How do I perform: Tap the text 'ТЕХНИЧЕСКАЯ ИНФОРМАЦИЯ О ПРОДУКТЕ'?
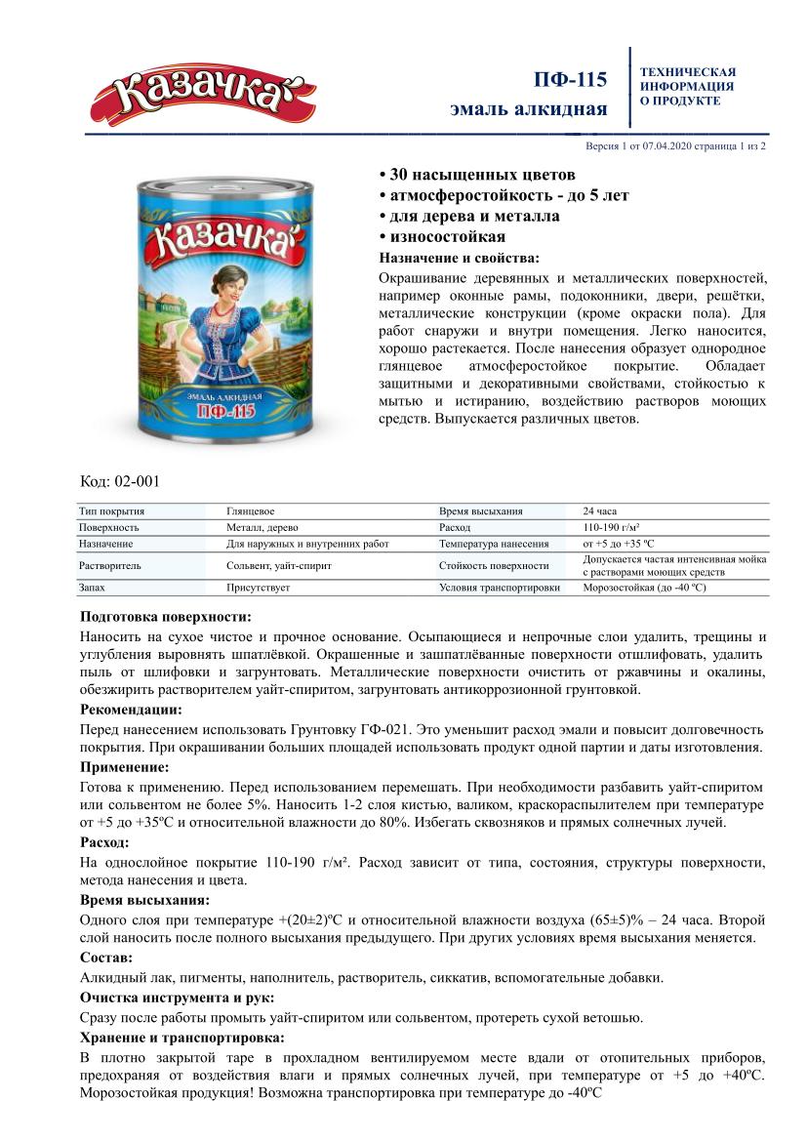[688, 86]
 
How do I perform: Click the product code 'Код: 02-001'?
[119, 480]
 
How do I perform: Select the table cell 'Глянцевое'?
[250, 510]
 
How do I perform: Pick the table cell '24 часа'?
[600, 510]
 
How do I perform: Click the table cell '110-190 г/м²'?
[610, 527]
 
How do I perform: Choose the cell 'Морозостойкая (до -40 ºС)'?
[644, 588]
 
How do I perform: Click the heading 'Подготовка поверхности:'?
[165, 617]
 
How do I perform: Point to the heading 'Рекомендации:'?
[130, 710]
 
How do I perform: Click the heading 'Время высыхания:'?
[142, 900]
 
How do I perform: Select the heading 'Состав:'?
[105, 958]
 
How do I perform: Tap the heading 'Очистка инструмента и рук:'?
[176, 998]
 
